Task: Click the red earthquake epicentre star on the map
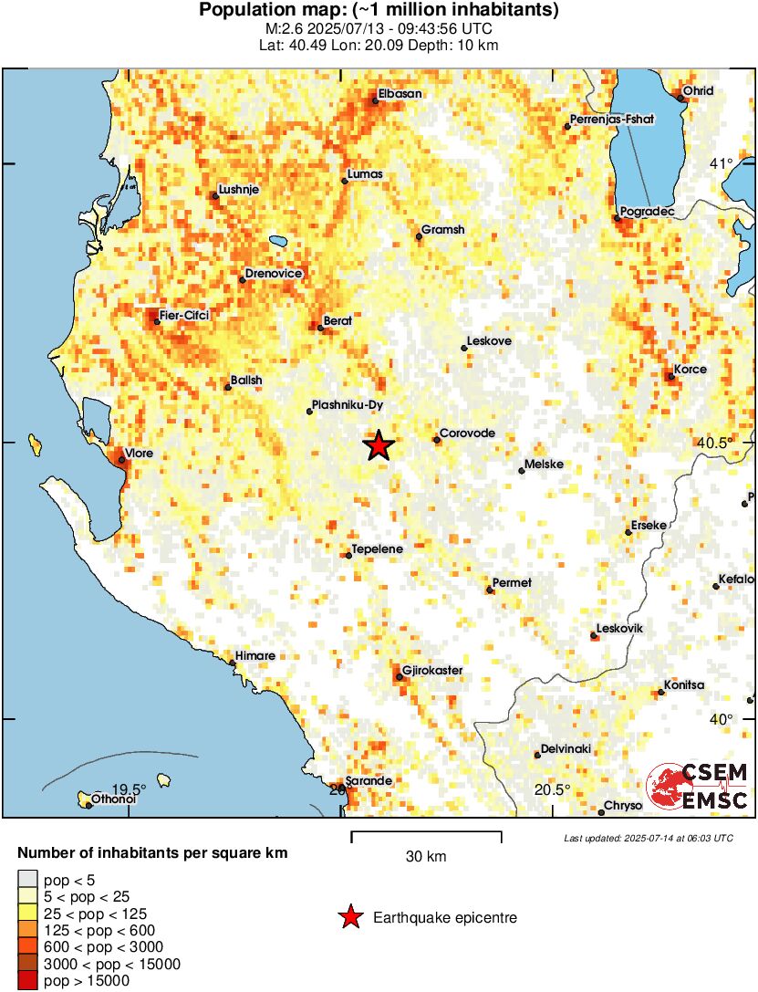point(379,445)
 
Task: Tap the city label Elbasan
point(400,93)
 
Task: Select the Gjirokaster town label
point(433,671)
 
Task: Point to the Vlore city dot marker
point(121,460)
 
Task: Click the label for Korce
point(691,370)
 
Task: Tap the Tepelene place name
point(378,549)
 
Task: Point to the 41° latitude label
point(722,164)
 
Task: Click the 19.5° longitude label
point(129,789)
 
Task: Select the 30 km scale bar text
point(426,857)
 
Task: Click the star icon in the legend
point(349,917)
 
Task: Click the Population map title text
point(379,11)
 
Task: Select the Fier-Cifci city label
point(184,316)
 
